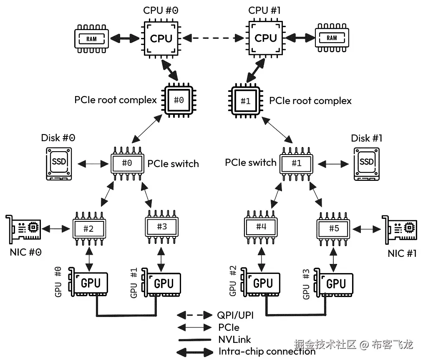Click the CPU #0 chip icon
coord(161,39)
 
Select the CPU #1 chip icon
coord(266,39)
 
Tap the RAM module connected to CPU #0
coord(91,39)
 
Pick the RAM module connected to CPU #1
coord(332,38)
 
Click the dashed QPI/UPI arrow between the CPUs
coord(213,38)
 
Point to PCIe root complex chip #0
coord(179,100)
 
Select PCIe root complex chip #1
coord(246,101)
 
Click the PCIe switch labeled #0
coord(127,163)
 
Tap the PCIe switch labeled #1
coord(297,163)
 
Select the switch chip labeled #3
coord(161,227)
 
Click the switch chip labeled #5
coord(334,228)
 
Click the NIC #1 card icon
coord(401,229)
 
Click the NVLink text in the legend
coord(234,340)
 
